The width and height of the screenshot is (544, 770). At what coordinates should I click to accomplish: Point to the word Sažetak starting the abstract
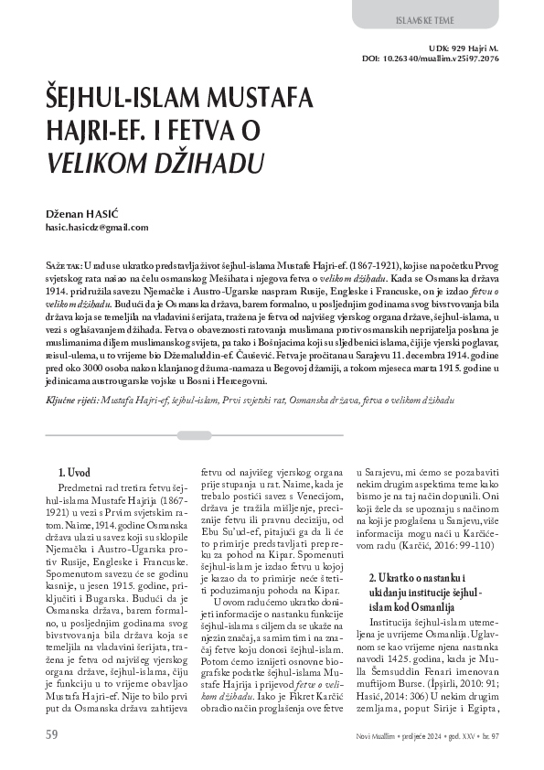tap(63, 263)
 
